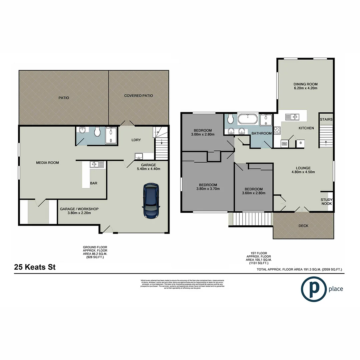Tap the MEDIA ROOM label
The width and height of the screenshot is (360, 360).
click(47, 163)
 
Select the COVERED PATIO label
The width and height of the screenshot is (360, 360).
click(138, 96)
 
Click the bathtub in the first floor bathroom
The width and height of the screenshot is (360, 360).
click(247, 119)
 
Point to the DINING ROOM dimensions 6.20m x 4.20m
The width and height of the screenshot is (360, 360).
click(305, 88)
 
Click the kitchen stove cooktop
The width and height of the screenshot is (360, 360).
click(277, 131)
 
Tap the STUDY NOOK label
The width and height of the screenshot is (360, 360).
click(327, 202)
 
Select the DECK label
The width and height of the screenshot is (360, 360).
click(303, 226)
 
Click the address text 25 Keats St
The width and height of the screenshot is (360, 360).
click(35, 267)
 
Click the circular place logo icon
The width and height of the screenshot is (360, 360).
click(313, 289)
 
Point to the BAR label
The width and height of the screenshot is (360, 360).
click(94, 183)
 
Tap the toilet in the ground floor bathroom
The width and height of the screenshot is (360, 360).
click(97, 132)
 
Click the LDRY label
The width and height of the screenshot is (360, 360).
click(136, 140)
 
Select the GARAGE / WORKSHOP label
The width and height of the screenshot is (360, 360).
click(79, 209)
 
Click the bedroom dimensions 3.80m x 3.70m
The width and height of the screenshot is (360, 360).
click(208, 189)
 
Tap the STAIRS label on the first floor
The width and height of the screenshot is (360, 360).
click(326, 119)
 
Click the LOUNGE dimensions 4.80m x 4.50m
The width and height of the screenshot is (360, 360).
click(303, 172)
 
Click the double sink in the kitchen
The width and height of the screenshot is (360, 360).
click(292, 116)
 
